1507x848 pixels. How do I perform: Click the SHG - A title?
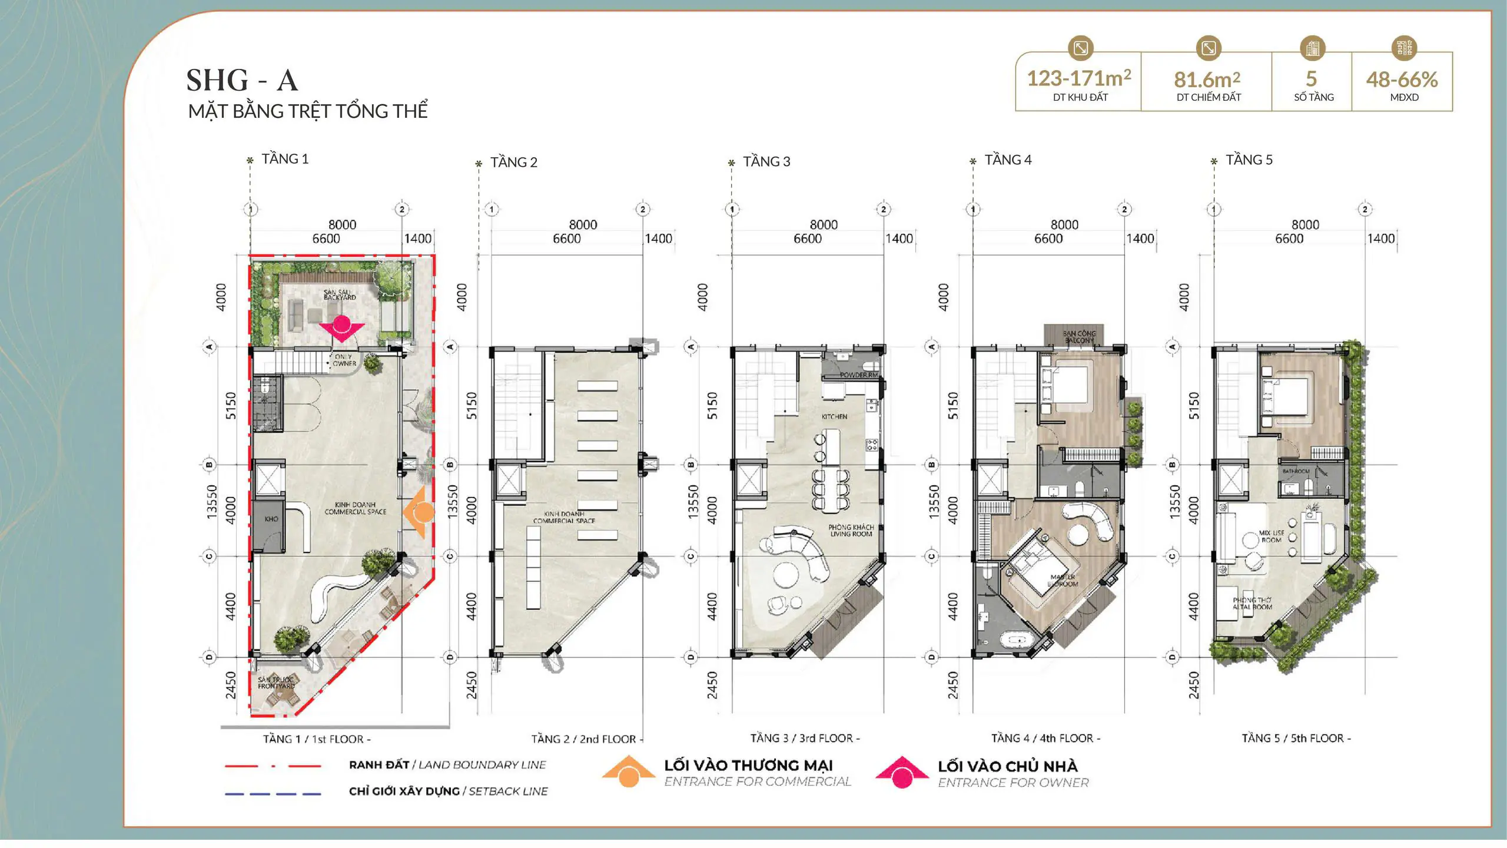tap(242, 81)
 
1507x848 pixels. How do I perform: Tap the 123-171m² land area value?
tap(1078, 78)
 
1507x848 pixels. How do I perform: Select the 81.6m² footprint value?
tap(1207, 79)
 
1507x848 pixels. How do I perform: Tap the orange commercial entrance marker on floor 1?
tap(420, 512)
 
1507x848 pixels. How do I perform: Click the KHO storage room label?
tap(271, 519)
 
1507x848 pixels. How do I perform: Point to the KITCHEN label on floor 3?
tap(834, 417)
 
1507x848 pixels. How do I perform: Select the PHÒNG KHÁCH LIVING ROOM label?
tap(851, 531)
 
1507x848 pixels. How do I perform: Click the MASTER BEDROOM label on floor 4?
tap(1063, 581)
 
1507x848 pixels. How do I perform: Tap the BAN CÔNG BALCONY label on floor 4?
tap(1078, 337)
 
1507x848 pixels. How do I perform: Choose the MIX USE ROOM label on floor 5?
tap(1271, 536)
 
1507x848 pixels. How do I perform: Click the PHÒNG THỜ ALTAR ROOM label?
tap(1252, 604)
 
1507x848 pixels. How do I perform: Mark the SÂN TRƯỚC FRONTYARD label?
tap(275, 683)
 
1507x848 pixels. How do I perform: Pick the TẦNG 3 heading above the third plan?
tap(766, 162)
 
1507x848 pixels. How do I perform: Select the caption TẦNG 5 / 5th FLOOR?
tap(1296, 738)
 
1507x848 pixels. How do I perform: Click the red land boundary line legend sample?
tap(273, 766)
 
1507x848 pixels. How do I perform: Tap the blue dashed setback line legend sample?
tap(273, 794)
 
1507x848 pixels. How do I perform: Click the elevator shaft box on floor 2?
tap(509, 480)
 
